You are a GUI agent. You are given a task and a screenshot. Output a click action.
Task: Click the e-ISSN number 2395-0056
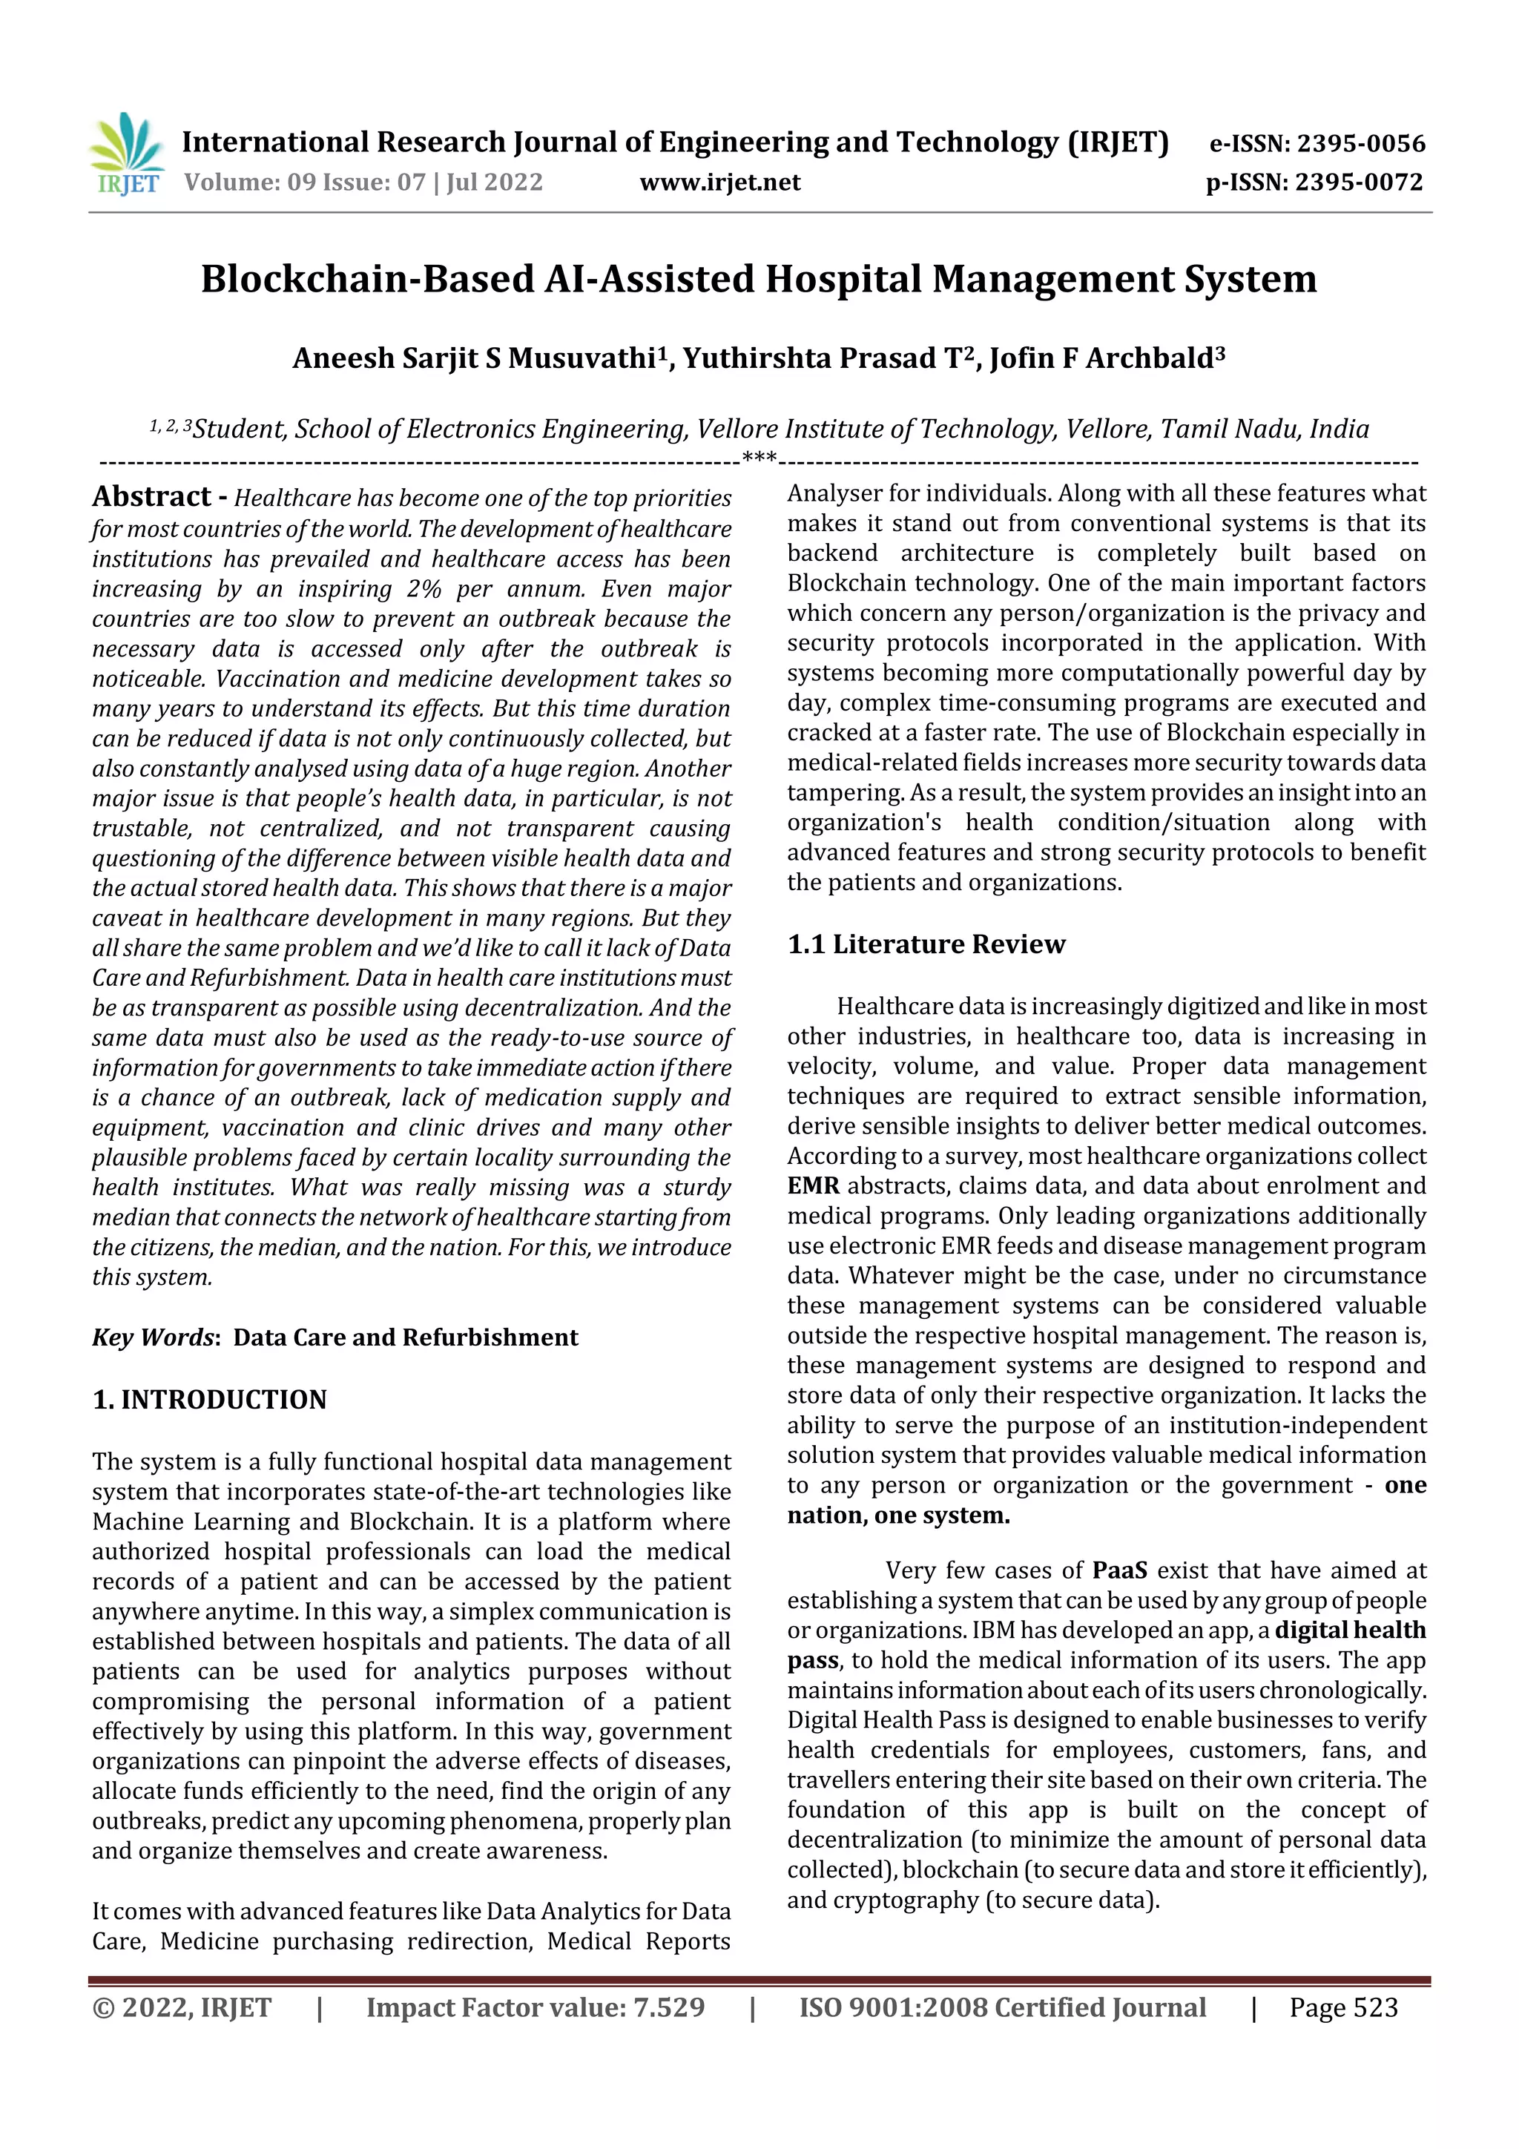[x=1360, y=143]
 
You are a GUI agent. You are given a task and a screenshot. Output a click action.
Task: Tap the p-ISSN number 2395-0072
[x=1359, y=182]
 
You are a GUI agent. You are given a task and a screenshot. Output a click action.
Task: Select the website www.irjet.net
[x=719, y=182]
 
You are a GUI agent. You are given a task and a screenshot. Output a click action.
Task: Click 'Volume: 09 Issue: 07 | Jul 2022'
[x=363, y=182]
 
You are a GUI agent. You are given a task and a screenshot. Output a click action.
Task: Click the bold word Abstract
[x=151, y=496]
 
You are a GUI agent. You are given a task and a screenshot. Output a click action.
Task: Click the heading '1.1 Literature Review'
[x=926, y=944]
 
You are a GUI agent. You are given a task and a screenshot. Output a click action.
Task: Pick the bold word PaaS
[x=1119, y=1570]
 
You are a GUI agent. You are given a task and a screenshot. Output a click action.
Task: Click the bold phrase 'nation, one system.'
[x=898, y=1516]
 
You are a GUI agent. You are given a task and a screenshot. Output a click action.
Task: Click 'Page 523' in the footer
[x=1343, y=2007]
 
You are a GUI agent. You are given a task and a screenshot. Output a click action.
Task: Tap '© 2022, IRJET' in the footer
[x=182, y=2007]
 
